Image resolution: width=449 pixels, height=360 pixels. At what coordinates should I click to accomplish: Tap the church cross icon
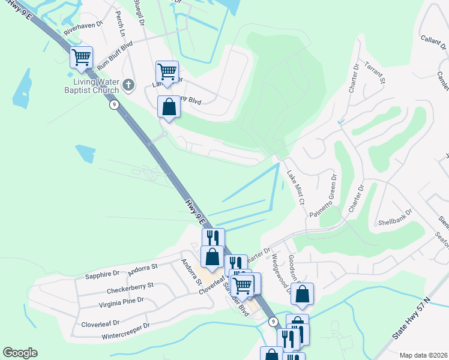click(x=128, y=86)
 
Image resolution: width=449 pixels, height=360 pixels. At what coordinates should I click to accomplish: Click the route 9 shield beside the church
click(x=113, y=104)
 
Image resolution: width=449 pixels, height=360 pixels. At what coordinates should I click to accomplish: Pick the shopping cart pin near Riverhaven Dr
click(x=82, y=58)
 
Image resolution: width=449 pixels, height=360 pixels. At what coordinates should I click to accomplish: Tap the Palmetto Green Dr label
click(x=324, y=196)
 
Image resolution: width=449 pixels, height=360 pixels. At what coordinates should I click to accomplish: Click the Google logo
click(x=20, y=353)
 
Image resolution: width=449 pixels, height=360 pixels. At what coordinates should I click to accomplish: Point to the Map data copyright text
click(x=423, y=355)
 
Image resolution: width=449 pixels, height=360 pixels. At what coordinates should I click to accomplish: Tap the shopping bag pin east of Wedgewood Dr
click(x=303, y=294)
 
